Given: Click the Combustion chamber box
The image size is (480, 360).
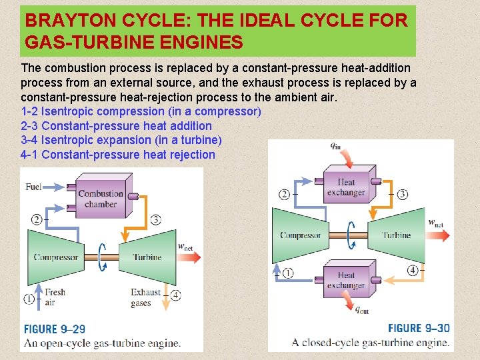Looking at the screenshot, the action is [x=101, y=198].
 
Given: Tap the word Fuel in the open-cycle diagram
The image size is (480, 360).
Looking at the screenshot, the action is [x=33, y=187].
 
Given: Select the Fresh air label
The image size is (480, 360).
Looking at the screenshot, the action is [x=55, y=297].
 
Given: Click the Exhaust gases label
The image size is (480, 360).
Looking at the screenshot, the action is [x=145, y=297].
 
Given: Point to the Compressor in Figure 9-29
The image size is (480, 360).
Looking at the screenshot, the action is [x=56, y=257].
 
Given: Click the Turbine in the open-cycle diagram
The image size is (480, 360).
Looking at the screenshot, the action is [x=146, y=257].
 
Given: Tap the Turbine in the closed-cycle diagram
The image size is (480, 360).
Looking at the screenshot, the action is [x=397, y=235].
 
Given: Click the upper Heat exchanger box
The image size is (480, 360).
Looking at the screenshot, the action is [x=346, y=187].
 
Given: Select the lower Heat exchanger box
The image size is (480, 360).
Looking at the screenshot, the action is [x=346, y=280].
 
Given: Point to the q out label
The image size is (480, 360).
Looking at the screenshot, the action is [x=361, y=309].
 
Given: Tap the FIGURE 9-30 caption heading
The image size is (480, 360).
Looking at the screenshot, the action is [x=419, y=328].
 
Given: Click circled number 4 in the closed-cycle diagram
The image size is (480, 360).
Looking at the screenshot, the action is [x=413, y=270].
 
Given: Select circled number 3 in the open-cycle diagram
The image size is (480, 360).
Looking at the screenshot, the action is [x=155, y=219].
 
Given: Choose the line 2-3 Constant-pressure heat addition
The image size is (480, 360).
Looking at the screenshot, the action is [x=117, y=126].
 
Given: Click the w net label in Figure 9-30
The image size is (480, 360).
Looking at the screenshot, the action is [x=435, y=223].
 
